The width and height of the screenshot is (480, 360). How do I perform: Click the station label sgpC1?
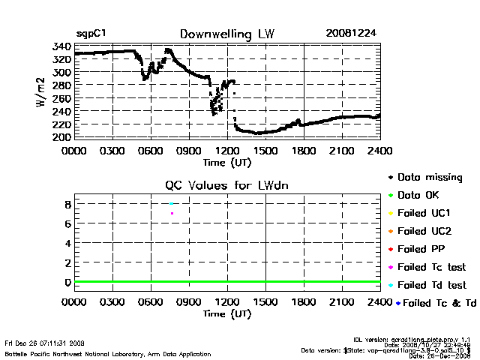point(89,34)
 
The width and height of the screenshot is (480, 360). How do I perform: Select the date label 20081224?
point(346,34)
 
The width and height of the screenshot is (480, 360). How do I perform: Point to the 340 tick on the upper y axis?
point(61,46)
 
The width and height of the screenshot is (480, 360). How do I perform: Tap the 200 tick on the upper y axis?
point(61,137)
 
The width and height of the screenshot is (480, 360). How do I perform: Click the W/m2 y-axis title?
point(43,91)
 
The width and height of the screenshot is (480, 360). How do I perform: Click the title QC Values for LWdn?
point(226,186)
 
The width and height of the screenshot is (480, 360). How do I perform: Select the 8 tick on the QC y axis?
point(67,204)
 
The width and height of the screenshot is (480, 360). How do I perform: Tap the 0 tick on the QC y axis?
point(67,282)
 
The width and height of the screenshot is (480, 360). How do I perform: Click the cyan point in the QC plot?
point(172,203)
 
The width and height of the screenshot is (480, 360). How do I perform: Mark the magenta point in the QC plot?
point(172,214)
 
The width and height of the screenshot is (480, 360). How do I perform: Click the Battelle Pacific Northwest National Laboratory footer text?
point(108,353)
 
